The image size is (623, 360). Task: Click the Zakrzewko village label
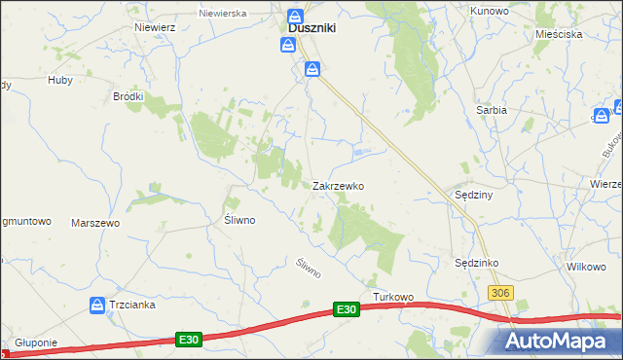coord(338,185)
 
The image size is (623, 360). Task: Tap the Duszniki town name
coord(311,29)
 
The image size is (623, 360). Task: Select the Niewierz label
coord(156,27)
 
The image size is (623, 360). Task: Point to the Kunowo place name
coord(491,10)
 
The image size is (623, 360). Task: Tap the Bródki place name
coord(128,96)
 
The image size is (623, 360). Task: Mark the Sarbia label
coord(492,110)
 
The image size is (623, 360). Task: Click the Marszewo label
coord(95,223)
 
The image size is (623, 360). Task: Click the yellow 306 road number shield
coord(501,293)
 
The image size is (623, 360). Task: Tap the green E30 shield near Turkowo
coord(346,309)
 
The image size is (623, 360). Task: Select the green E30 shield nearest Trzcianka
coord(189,339)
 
